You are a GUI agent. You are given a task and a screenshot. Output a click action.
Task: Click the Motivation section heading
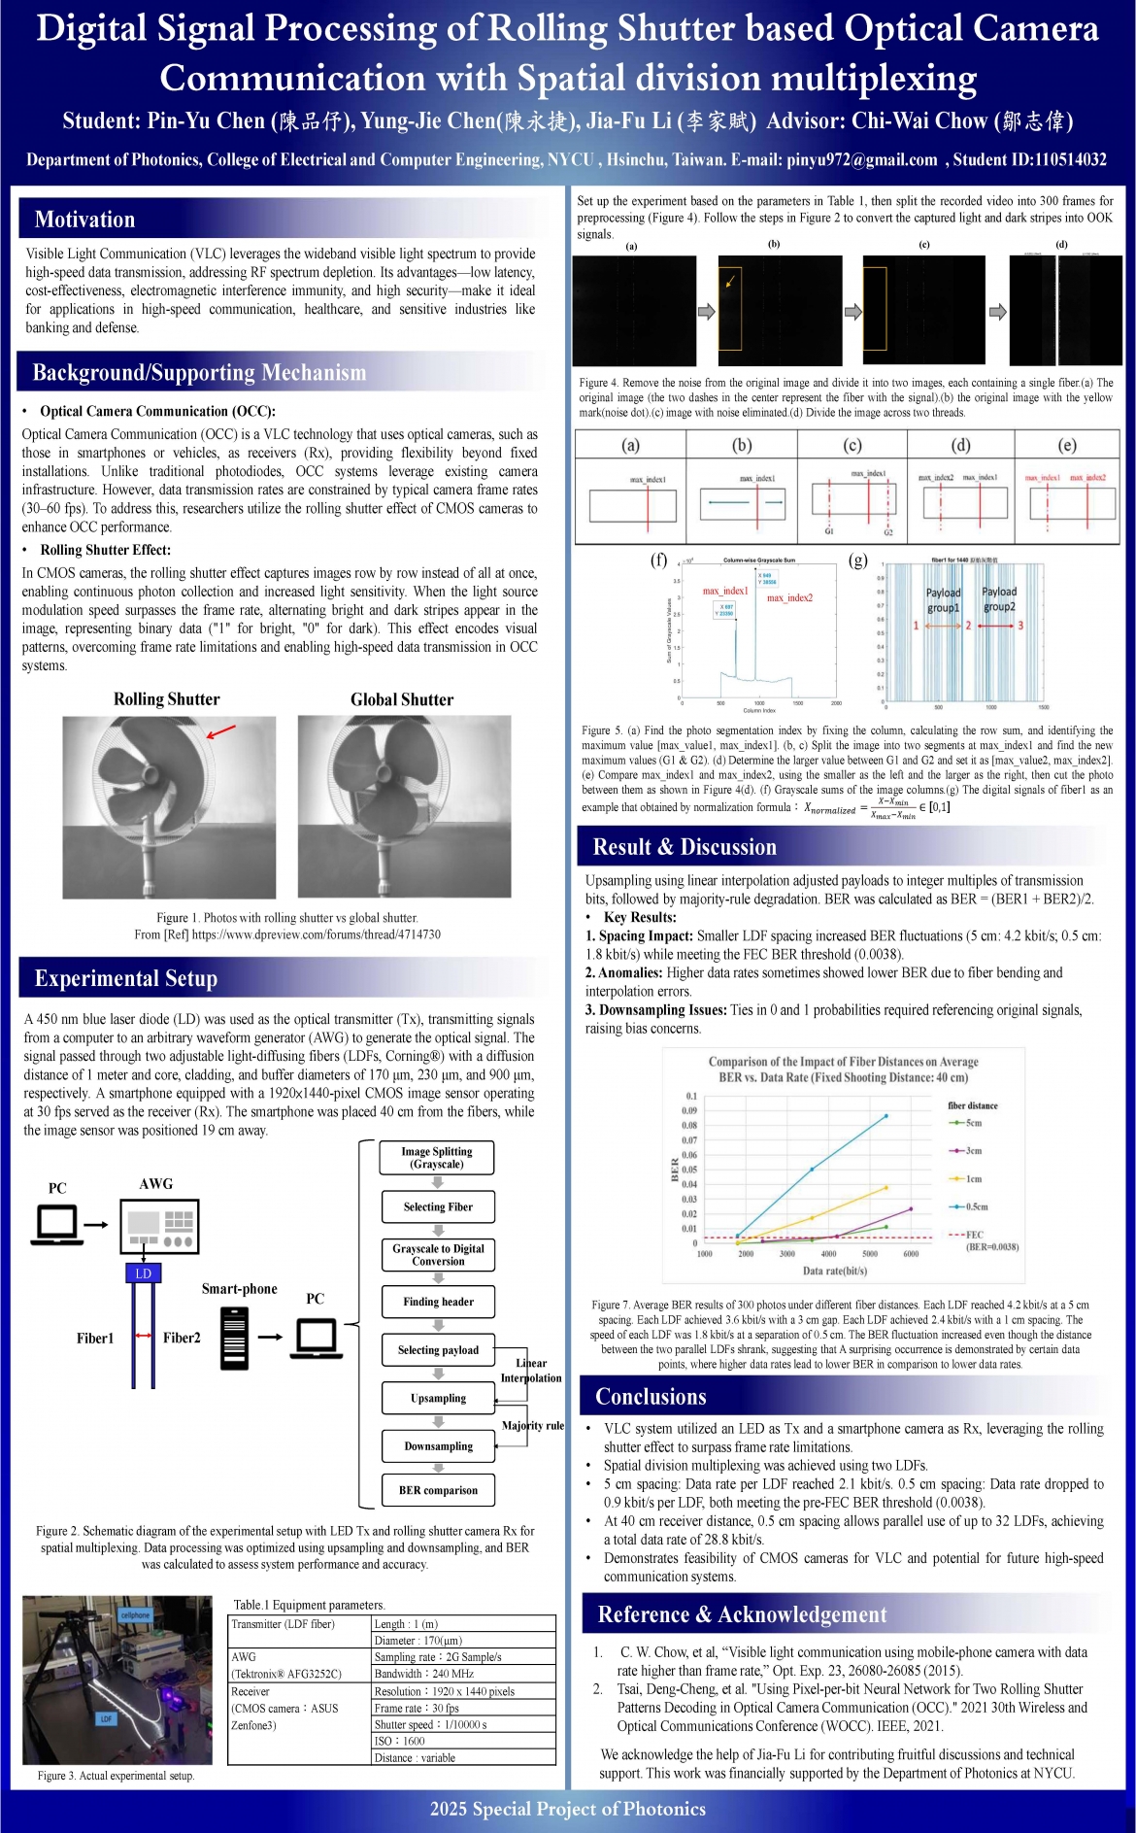pyautogui.click(x=85, y=220)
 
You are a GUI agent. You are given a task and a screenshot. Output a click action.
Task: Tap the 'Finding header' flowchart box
pyautogui.click(x=438, y=1302)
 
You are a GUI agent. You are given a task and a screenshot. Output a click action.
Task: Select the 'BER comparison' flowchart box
pyautogui.click(x=438, y=1490)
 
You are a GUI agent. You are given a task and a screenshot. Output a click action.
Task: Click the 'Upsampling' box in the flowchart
pyautogui.click(x=438, y=1398)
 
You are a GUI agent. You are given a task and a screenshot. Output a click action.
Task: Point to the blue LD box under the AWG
pyautogui.click(x=144, y=1273)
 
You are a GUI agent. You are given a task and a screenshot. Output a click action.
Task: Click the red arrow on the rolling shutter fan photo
pyautogui.click(x=221, y=730)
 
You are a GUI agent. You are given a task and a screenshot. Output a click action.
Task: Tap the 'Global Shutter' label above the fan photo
pyautogui.click(x=402, y=699)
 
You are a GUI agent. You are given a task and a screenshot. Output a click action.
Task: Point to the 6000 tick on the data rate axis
pyautogui.click(x=911, y=1254)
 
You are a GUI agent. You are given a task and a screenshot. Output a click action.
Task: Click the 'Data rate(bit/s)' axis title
pyautogui.click(x=835, y=1271)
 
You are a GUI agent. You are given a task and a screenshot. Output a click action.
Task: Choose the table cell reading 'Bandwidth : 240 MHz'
pyautogui.click(x=464, y=1674)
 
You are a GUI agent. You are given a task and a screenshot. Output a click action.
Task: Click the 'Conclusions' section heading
pyautogui.click(x=651, y=1397)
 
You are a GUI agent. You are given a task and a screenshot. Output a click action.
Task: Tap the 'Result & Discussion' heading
pyautogui.click(x=685, y=847)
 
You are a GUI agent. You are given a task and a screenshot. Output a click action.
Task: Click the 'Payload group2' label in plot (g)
pyautogui.click(x=999, y=599)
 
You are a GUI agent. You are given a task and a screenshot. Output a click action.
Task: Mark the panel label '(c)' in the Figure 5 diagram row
pyautogui.click(x=852, y=445)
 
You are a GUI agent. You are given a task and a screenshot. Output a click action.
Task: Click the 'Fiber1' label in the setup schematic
pyautogui.click(x=95, y=1338)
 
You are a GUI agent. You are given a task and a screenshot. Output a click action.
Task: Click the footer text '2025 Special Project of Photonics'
pyautogui.click(x=568, y=1809)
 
